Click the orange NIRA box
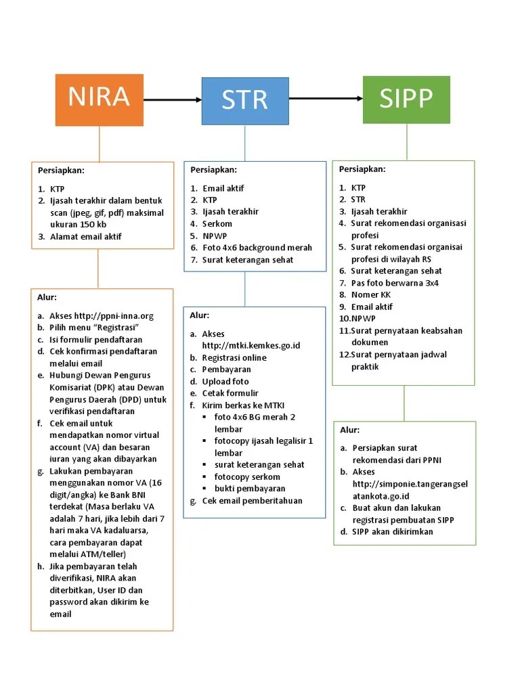pos(99,99)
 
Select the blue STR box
pos(245,101)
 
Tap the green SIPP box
pos(406,99)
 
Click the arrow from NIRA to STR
pos(173,100)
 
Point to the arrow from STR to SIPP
pos(326,99)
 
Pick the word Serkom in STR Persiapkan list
pos(217,223)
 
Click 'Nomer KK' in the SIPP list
pos(371,294)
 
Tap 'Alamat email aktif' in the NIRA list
pos(86,236)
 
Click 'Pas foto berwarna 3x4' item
pos(395,283)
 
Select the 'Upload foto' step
pos(225,381)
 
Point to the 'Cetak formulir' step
pos(230,393)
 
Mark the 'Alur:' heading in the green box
pos(349,430)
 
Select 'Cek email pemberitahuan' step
pos(252,500)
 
